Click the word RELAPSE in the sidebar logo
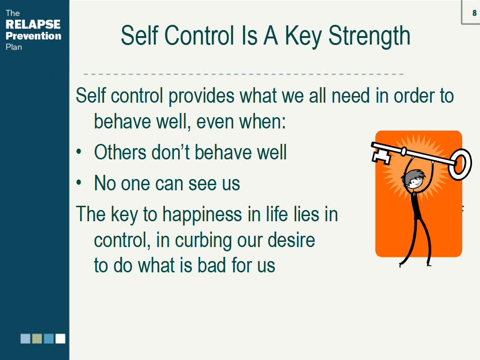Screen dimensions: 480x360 point(33,24)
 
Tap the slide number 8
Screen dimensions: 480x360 point(474,13)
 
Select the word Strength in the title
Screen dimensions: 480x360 point(369,37)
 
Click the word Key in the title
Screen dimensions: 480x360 point(303,37)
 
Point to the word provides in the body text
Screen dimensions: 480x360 point(202,96)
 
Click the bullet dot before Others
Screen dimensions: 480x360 point(79,151)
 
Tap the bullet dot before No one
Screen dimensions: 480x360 point(79,182)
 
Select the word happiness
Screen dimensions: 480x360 point(202,215)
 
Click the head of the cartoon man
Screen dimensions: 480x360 point(414,179)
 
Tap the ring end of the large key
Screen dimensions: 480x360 point(460,165)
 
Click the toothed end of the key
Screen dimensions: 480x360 point(381,154)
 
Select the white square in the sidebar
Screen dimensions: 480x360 point(60,338)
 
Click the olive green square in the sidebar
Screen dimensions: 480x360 point(37,338)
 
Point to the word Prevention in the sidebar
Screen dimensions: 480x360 point(33,36)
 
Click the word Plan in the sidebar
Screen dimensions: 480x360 point(14,47)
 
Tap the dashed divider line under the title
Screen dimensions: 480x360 point(243,74)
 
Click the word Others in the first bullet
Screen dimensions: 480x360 point(120,152)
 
